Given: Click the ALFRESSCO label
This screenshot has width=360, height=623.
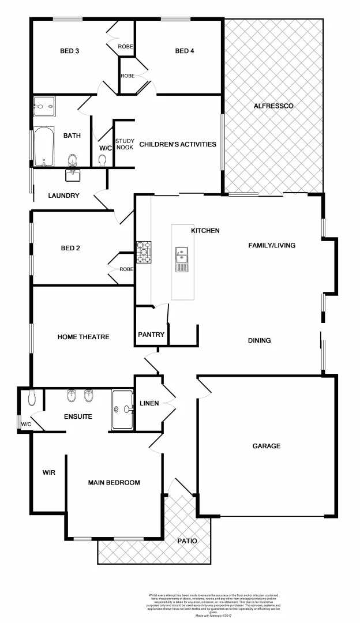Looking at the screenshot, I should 274,106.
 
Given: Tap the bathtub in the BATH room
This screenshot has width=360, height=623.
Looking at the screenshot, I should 43,146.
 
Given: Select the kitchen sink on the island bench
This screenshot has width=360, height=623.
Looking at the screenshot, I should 182,259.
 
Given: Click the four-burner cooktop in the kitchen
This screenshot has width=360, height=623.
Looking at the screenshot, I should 144,251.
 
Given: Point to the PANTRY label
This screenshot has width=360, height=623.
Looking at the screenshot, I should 151,335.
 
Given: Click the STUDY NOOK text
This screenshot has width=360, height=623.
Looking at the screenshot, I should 125,144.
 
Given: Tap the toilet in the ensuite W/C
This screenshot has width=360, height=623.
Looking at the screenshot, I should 32,397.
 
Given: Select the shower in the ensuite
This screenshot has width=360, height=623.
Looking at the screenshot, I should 123,410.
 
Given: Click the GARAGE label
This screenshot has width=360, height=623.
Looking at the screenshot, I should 266,446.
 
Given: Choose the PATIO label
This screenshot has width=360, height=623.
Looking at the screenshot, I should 186,541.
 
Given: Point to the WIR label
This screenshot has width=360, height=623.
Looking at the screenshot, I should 48,472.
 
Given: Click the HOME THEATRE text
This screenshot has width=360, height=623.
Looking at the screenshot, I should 83,337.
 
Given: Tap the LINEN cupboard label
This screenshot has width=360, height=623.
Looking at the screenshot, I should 149,403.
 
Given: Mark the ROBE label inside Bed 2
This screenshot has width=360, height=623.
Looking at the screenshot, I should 126,269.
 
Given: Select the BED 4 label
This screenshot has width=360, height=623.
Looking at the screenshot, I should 185,51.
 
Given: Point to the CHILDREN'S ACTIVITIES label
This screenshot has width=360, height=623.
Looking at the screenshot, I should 178,144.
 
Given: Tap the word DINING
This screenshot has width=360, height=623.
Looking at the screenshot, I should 259,340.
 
